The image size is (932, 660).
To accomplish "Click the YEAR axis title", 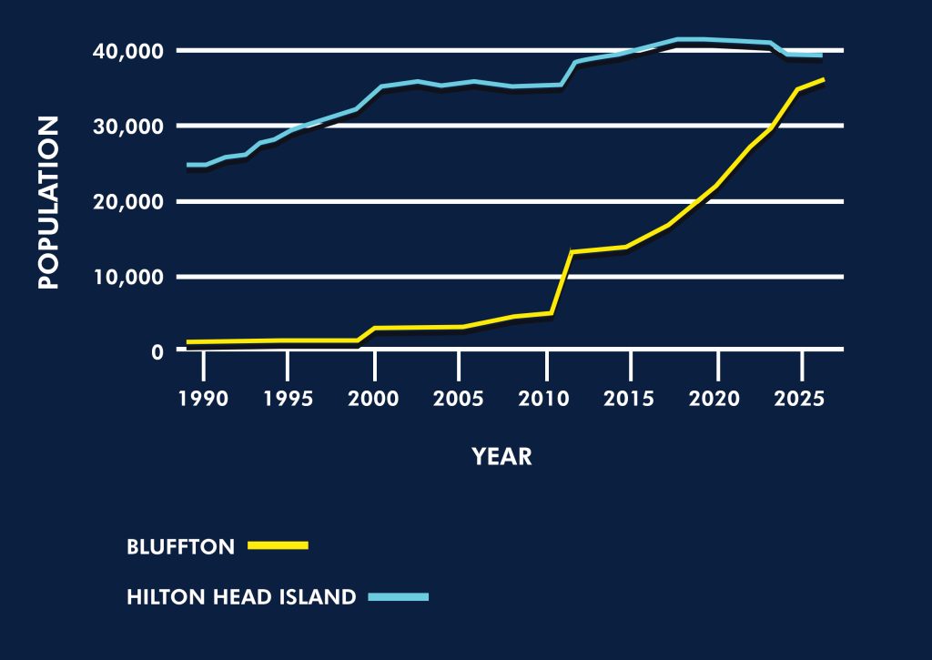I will coord(501,457).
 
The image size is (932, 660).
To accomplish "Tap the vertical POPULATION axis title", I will coord(49,202).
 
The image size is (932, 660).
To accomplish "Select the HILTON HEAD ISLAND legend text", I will coord(241,598).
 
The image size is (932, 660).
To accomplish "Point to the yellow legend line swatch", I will coord(279,546).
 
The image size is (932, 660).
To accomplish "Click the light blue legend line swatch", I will coord(398,597).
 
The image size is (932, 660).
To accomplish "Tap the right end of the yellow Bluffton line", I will coord(823,80).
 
